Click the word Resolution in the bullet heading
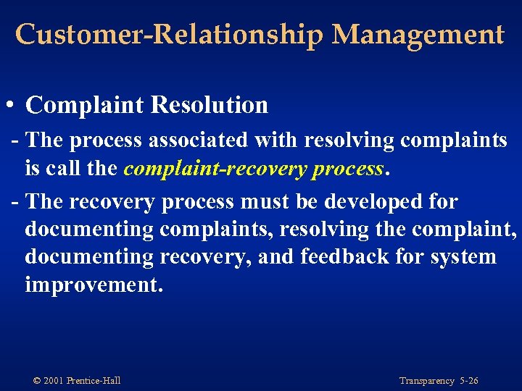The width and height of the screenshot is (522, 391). (x=210, y=105)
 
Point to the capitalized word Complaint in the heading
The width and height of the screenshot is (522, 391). (x=87, y=105)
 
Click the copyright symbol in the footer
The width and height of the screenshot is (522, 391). (x=36, y=381)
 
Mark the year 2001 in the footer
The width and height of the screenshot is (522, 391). (x=54, y=381)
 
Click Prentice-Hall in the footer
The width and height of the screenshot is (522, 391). (x=94, y=381)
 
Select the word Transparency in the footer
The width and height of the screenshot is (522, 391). (x=426, y=381)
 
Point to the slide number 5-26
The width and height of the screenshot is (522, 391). (x=468, y=381)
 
